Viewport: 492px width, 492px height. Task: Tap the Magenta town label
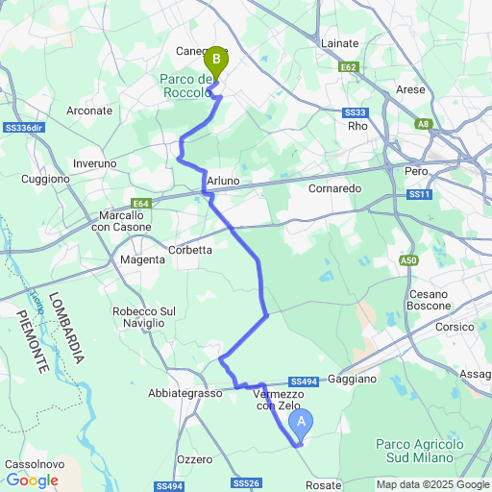[142, 259]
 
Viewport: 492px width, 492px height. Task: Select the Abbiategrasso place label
[185, 393]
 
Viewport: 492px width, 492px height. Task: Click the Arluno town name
[222, 181]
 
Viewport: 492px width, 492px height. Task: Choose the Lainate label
[339, 43]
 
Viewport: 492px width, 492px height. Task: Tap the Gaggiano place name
[352, 380]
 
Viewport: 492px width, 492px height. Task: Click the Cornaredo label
[334, 189]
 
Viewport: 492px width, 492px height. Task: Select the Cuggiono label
[45, 179]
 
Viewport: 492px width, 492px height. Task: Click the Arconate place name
[89, 111]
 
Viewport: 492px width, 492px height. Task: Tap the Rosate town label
[324, 485]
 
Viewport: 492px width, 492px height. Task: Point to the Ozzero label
[194, 459]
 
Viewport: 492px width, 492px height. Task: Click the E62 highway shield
[349, 67]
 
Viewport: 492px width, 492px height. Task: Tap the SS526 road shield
[246, 482]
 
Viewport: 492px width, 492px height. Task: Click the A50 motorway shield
[409, 259]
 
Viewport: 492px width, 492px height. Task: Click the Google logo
[32, 480]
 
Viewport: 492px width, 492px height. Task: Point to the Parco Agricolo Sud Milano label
[419, 451]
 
